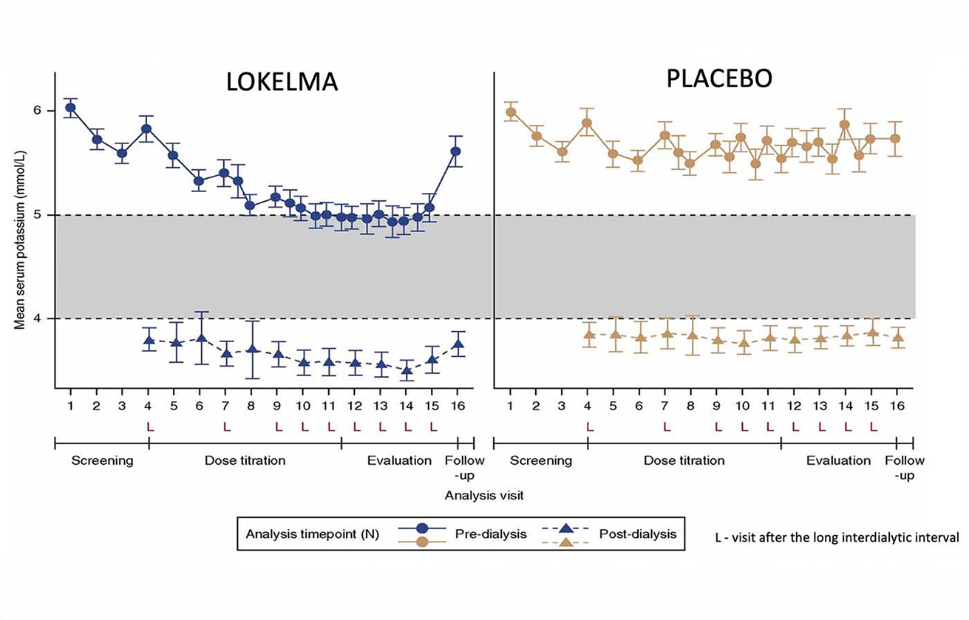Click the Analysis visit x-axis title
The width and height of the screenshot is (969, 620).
click(x=484, y=495)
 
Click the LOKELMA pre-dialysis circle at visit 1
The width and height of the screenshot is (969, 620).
click(x=70, y=108)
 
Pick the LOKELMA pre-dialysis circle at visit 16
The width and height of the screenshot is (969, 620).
click(x=456, y=151)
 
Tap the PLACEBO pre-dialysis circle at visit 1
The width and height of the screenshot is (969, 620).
click(x=511, y=112)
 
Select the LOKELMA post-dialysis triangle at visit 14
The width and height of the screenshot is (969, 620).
click(x=406, y=371)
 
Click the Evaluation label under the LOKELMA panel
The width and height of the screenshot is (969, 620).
click(x=399, y=460)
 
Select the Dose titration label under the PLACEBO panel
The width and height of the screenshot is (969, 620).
click(x=684, y=460)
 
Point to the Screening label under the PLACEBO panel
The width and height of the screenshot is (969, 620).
click(x=541, y=460)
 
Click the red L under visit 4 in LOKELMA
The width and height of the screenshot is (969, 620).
click(x=149, y=426)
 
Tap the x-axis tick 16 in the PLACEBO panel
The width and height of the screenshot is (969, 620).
click(x=899, y=406)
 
